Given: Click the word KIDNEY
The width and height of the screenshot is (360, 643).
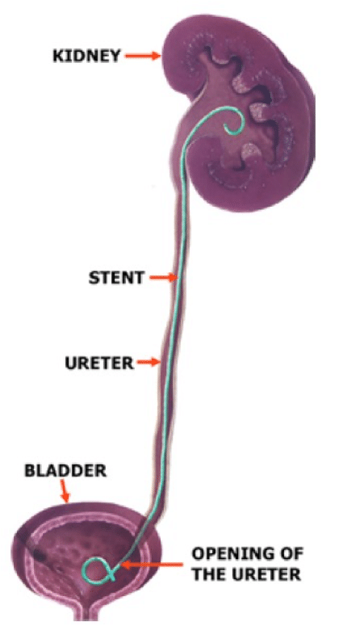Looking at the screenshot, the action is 86,56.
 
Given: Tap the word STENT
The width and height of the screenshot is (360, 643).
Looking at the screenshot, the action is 116,278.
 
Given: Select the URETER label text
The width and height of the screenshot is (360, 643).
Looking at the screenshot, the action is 99,363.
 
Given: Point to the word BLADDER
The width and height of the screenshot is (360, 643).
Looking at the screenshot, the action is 65,470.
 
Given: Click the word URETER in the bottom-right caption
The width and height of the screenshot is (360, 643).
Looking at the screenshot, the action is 266,574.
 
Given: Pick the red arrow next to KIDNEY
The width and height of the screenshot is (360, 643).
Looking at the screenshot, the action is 143,56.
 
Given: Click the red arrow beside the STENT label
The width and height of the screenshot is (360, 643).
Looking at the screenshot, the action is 163,278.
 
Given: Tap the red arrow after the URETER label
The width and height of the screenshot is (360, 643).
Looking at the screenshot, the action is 149,362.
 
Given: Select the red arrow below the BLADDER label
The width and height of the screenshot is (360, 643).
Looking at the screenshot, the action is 65,491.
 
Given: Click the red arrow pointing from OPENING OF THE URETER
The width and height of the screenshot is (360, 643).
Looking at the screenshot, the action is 153,565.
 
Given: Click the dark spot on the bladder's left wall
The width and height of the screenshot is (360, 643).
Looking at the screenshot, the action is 40,555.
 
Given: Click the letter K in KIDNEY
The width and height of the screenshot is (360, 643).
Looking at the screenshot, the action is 58,56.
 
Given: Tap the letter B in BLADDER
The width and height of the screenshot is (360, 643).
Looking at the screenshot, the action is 31,470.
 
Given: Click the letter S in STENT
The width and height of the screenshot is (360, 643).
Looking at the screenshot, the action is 94,278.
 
